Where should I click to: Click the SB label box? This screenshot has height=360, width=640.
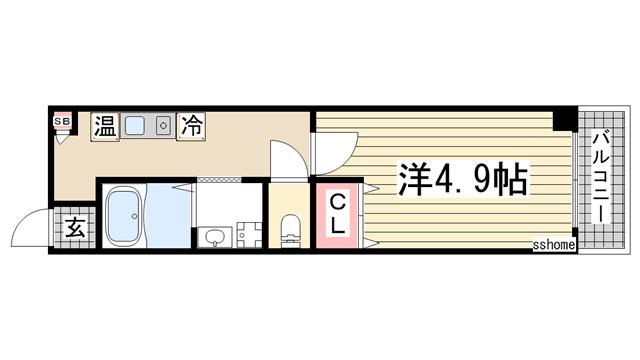60,121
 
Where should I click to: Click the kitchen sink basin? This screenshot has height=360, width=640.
136,126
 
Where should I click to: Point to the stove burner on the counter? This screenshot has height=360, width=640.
160,126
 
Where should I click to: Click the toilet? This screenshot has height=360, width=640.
291,227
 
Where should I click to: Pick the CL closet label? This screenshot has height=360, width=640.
339,214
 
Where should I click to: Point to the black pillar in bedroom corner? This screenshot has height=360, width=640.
564,121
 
